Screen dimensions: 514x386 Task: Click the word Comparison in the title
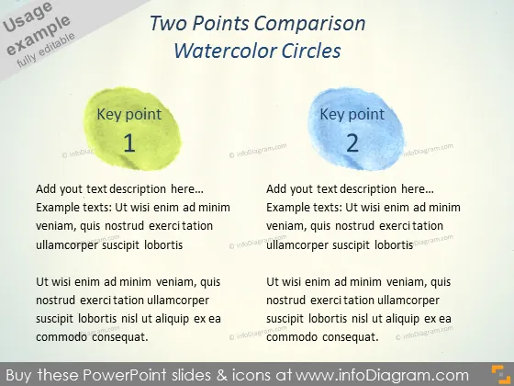310,24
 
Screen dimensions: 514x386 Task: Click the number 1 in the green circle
129,143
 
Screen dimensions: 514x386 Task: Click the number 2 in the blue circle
352,143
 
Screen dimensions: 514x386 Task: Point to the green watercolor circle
132,129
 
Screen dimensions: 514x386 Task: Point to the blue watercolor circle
356,129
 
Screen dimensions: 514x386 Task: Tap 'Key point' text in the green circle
129,115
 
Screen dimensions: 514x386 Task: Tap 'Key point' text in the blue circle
352,115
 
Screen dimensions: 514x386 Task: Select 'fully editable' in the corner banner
46,51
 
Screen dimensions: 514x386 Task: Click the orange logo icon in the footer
501,374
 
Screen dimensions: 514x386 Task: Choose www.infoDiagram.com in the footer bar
382,375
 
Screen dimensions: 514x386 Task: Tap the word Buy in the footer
19,375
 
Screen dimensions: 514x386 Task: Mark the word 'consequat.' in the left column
120,337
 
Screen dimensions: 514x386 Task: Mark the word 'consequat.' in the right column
351,337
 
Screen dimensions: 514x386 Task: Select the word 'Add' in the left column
46,189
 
